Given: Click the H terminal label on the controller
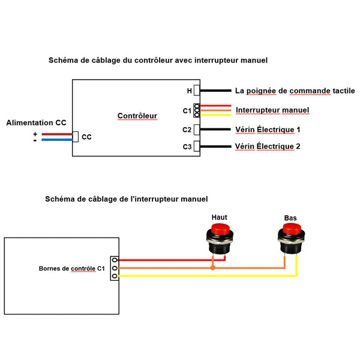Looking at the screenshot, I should coord(189,91).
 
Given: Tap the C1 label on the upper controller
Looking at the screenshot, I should coord(187,111).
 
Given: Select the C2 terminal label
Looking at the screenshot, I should coord(187,130).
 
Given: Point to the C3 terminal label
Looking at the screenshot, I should coord(187,146).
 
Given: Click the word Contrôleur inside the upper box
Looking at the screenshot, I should coord(137,116).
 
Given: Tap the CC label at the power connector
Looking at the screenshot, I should coord(86,137).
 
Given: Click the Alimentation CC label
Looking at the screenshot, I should coord(36,122).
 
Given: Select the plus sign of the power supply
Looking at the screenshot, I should coord(35,133).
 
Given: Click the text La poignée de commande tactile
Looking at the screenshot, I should coord(295,91).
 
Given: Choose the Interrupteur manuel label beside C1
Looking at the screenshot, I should coord(272,110).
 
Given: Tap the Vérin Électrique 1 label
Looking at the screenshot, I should coord(268,130).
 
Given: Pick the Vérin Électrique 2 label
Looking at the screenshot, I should coord(268,146).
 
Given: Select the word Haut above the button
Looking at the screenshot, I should coord(220,217).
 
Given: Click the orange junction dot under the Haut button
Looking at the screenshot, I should coord(212,267).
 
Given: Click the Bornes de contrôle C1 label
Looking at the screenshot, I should coord(63,268).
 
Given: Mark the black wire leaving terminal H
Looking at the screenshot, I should coord(216,91).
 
